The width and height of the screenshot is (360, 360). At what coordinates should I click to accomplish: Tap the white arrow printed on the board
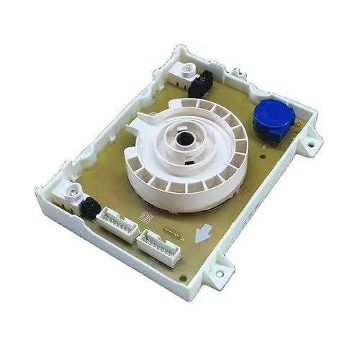(x=203, y=232)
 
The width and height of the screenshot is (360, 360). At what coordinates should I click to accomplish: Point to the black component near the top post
(x=199, y=84)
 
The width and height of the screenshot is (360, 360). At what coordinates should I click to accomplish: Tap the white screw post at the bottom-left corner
(x=71, y=192)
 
